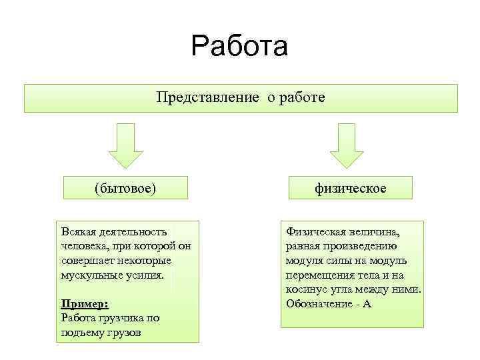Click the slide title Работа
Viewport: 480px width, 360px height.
coord(239,47)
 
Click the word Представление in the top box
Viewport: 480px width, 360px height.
coord(207,98)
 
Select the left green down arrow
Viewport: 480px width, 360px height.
coord(126,145)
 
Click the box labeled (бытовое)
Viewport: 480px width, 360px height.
coord(125,188)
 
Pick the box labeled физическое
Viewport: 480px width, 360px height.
coord(350,188)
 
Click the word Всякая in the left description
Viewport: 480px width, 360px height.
coord(79,231)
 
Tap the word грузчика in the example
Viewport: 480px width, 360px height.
coord(114,318)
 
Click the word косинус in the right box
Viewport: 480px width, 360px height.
coord(306,289)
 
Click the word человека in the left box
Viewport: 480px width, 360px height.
coord(81,246)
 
